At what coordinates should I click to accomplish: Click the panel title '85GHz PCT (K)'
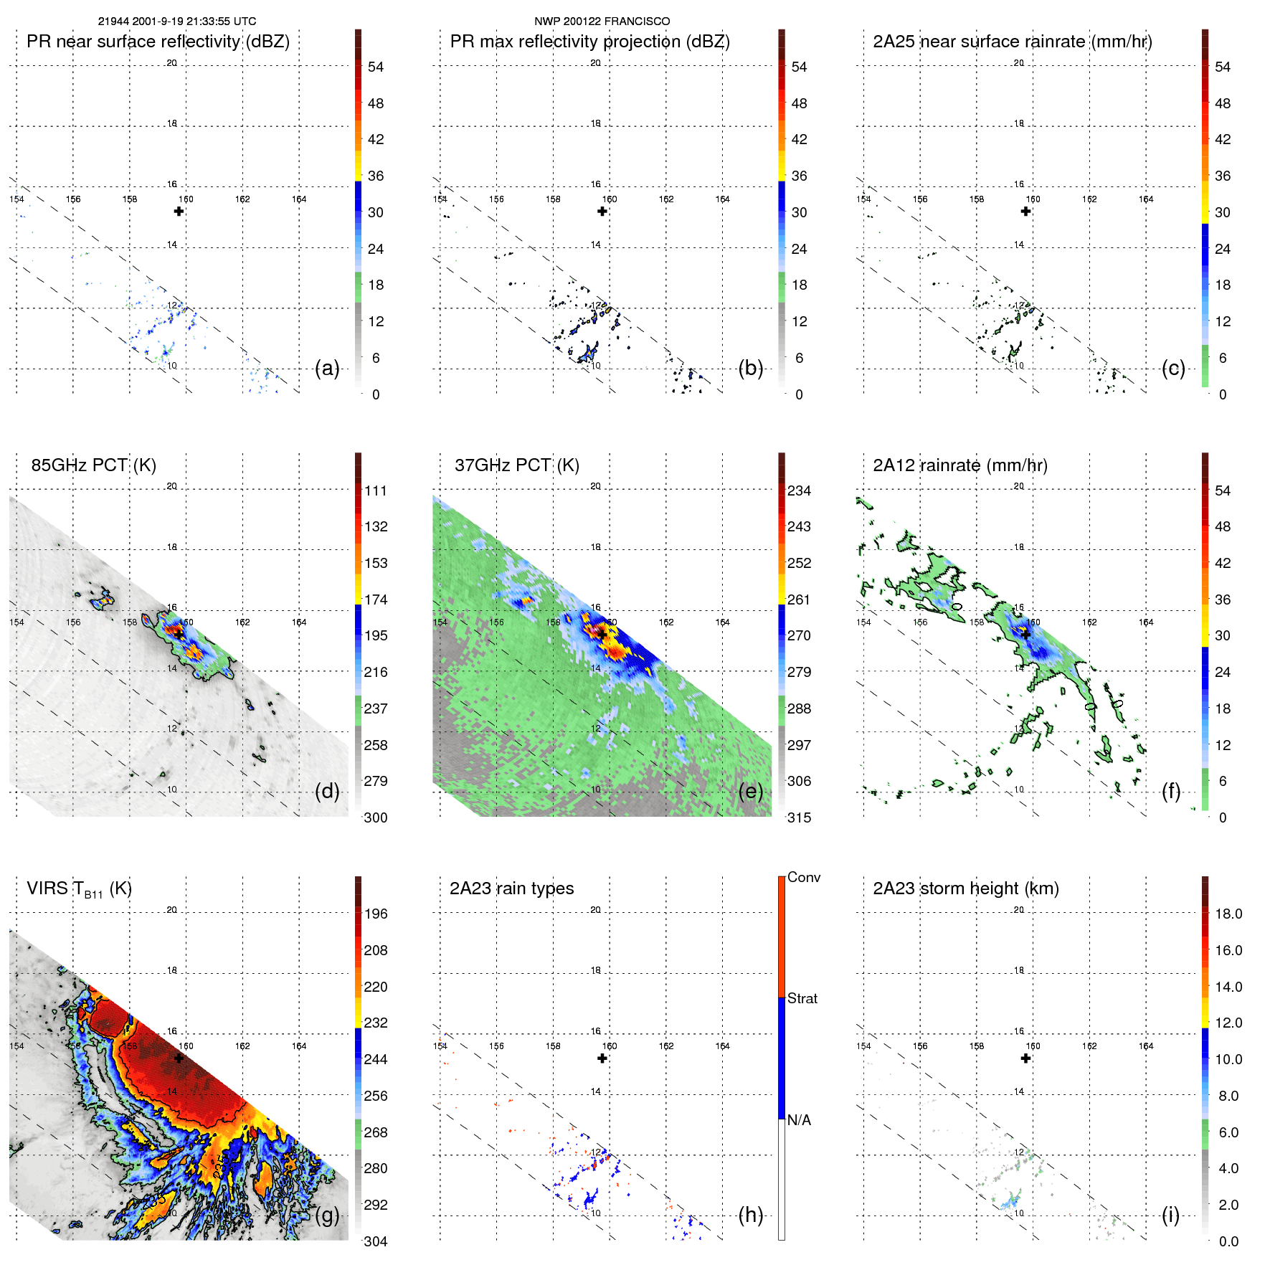[x=93, y=465]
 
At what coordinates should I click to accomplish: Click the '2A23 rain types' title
[x=511, y=888]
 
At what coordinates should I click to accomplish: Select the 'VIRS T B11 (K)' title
[x=79, y=889]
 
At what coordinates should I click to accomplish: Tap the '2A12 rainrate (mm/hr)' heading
[x=959, y=465]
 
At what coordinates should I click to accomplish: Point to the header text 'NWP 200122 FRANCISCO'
[x=602, y=22]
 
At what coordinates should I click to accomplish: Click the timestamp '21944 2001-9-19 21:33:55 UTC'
[x=176, y=22]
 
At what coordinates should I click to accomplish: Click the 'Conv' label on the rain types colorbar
[x=803, y=878]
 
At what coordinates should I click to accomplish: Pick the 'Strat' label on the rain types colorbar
[x=802, y=999]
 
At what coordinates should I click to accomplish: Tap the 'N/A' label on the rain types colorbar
[x=799, y=1120]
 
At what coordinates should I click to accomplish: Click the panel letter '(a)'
[x=327, y=369]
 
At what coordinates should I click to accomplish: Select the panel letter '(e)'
[x=750, y=792]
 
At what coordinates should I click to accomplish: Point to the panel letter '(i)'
[x=1170, y=1215]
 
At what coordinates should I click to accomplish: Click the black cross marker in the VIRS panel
[x=179, y=1058]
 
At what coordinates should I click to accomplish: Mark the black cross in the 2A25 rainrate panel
[x=1025, y=212]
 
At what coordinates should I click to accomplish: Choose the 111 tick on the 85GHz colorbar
[x=375, y=491]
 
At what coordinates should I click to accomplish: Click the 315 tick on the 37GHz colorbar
[x=799, y=818]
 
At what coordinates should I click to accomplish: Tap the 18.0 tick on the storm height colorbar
[x=1228, y=914]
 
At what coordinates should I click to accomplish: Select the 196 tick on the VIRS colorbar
[x=375, y=914]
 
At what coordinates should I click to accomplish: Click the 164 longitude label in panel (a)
[x=299, y=199]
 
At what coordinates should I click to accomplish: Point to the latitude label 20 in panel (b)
[x=595, y=63]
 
